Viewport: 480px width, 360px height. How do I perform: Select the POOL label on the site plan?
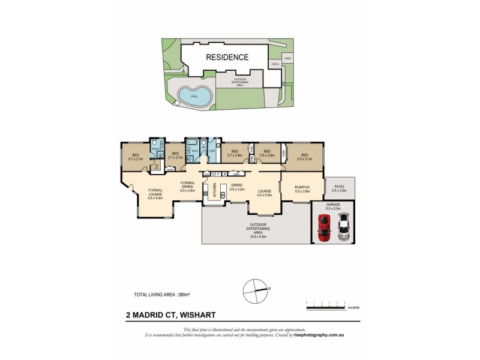point(193,96)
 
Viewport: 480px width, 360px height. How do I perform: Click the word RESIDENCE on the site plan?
point(227,58)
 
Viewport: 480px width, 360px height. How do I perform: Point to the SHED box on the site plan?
point(288,58)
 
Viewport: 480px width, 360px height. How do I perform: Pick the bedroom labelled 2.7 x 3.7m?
point(175,155)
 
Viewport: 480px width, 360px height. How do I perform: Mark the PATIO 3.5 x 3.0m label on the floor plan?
point(340,188)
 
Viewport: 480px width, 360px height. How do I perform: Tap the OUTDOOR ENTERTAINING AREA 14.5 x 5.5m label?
point(259,230)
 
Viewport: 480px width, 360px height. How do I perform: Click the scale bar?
point(328,308)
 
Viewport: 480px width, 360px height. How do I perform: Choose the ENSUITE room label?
point(156,148)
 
